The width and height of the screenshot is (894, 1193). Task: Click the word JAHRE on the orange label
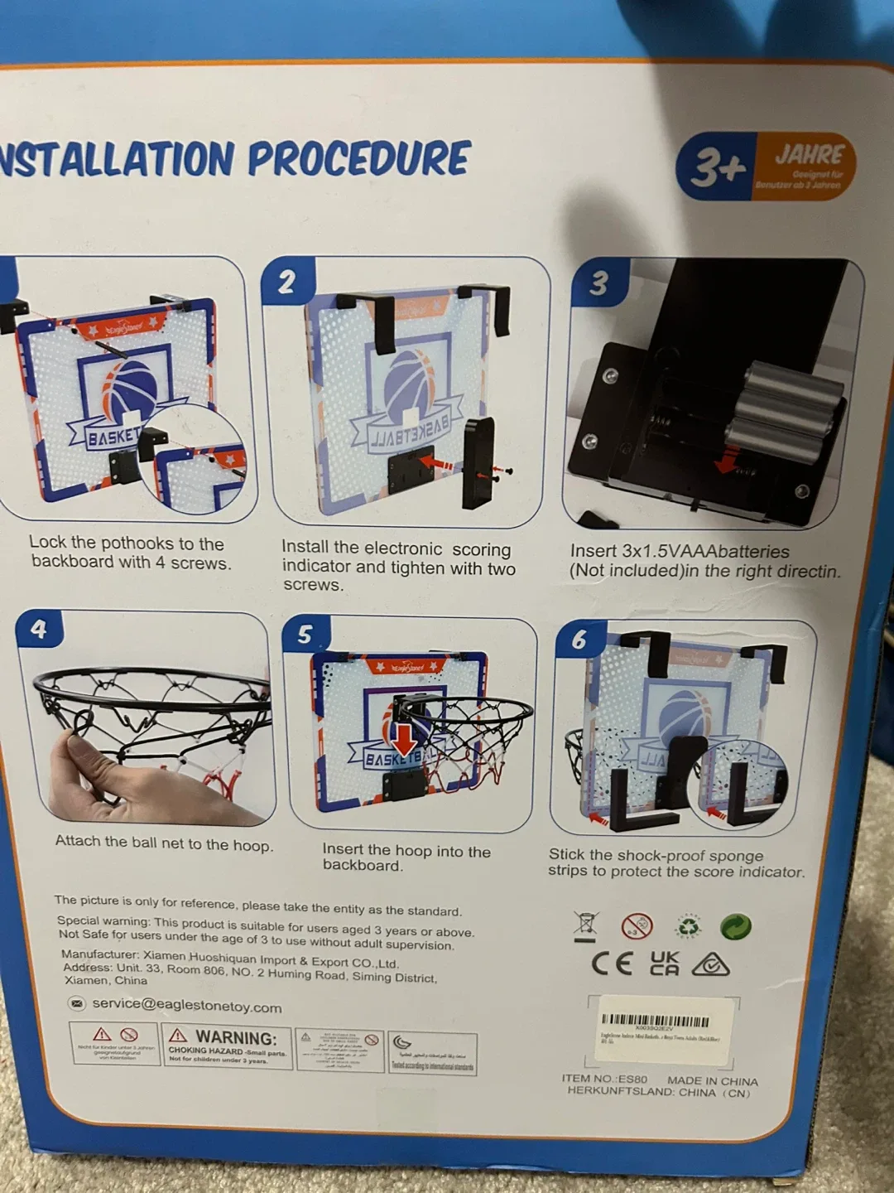pos(809,155)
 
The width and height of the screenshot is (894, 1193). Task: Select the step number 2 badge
pos(286,283)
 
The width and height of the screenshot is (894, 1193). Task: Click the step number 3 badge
pos(598,283)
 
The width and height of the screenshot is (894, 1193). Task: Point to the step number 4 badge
pos(38,630)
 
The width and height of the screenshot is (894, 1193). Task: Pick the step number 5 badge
pos(305,635)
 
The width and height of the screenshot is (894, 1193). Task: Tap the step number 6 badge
pos(579,639)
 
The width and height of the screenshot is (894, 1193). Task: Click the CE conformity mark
pos(613,963)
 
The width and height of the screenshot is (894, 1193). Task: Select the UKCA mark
pos(664,963)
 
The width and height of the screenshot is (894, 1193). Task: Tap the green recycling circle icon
pos(736,926)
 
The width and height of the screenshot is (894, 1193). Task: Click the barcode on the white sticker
pos(655,1021)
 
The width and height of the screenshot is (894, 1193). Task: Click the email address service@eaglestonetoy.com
pos(186,1005)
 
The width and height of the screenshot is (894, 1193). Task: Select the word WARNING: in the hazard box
pos(235,1037)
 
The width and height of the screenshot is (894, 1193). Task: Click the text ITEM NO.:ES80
pos(604,1079)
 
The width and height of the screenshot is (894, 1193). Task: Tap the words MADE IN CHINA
pos(712,1081)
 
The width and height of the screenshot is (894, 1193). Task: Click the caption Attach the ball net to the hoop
pos(164,843)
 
